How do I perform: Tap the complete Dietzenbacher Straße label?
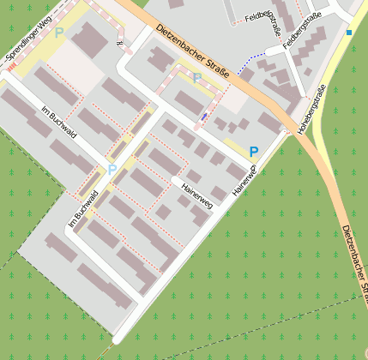point(193,57)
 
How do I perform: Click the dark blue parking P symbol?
point(253,152)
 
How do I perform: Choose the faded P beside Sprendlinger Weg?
point(58,33)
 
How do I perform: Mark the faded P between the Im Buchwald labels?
point(112,169)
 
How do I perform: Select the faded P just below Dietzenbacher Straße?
point(196,78)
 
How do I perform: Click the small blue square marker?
point(349,33)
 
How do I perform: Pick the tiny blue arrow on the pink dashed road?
point(203,116)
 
